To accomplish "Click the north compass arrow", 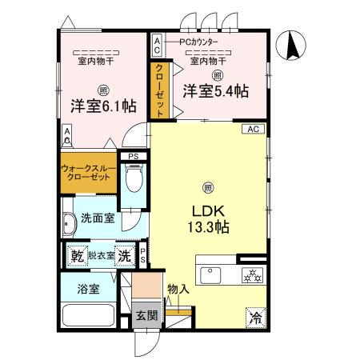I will pos(294,43).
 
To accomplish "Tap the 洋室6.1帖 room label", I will pos(102,106).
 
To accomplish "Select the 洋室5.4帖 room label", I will pos(214,91).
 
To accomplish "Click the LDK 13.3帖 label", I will pos(209,218).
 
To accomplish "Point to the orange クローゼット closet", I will pos(159,89).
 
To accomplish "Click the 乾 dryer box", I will pos(78,256).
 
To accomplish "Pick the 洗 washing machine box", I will pos(125,256).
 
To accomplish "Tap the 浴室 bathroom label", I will pos(88,290).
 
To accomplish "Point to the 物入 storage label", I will pos(178,289).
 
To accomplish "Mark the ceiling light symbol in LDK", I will pos(208,188).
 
